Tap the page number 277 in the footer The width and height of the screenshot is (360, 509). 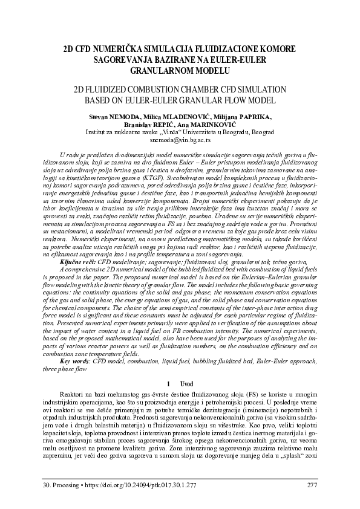[312, 484]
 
